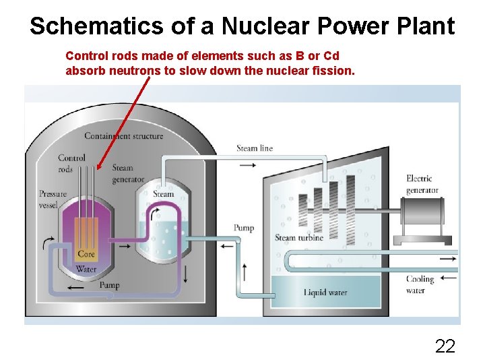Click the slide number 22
(x=445, y=346)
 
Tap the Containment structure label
(x=123, y=136)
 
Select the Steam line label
(x=255, y=148)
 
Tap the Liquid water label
(x=325, y=292)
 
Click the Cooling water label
(x=420, y=284)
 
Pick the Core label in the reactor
(x=86, y=254)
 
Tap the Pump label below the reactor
(x=109, y=285)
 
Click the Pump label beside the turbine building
(x=244, y=228)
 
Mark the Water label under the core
(x=86, y=269)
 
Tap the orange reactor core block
(x=86, y=236)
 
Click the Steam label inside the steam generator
(x=164, y=194)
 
